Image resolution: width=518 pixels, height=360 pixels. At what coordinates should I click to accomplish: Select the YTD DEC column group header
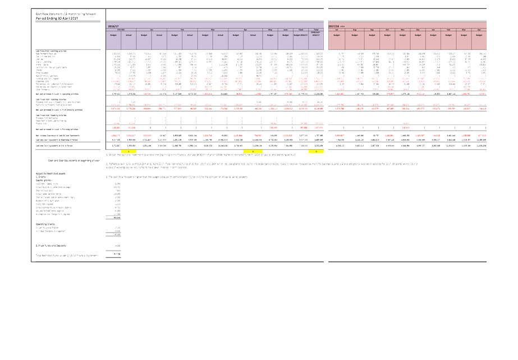(121, 30)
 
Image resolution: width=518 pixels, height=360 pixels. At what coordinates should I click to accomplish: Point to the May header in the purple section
(270, 30)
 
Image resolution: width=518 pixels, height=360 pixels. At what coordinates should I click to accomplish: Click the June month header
(285, 30)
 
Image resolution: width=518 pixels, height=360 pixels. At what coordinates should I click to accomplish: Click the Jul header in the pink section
(336, 30)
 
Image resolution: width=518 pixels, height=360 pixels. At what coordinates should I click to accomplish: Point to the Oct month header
(387, 30)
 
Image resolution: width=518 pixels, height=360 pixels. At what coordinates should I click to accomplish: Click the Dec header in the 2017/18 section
(418, 30)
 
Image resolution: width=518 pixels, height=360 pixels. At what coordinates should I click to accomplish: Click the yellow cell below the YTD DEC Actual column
(129, 152)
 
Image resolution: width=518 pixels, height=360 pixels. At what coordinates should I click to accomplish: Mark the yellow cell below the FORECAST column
(316, 152)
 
